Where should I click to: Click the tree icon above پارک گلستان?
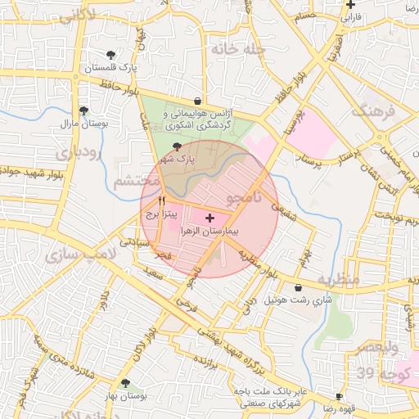click(x=111, y=55)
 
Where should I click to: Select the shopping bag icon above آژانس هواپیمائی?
click(x=196, y=101)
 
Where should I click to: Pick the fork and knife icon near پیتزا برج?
click(x=161, y=200)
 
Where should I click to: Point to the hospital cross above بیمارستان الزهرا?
click(x=210, y=218)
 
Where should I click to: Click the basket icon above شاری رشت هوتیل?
click(x=298, y=288)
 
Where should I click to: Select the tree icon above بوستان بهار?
click(x=124, y=383)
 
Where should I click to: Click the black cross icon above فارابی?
click(x=350, y=4)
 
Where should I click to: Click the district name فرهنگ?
click(x=374, y=110)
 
